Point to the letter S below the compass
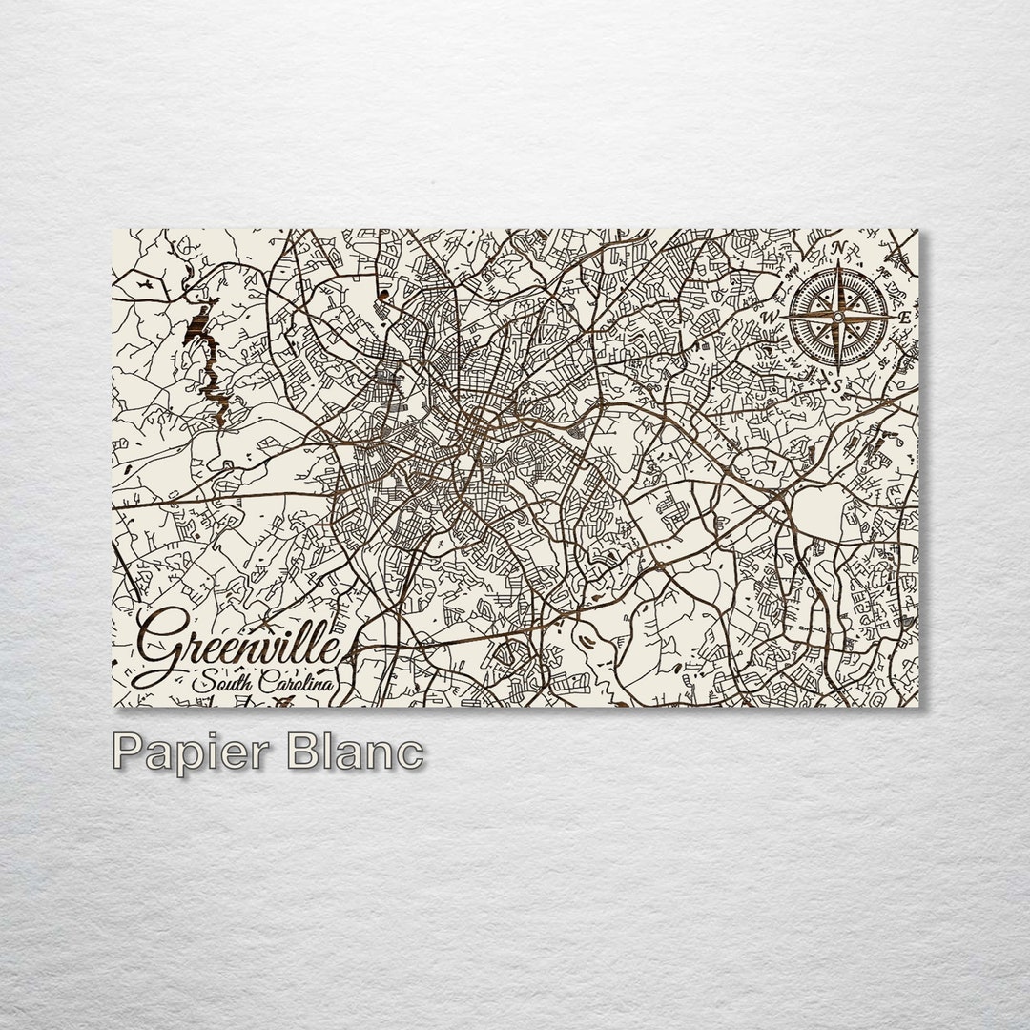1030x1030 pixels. (836, 386)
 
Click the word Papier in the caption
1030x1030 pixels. (191, 752)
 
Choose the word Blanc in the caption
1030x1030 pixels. (354, 752)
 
